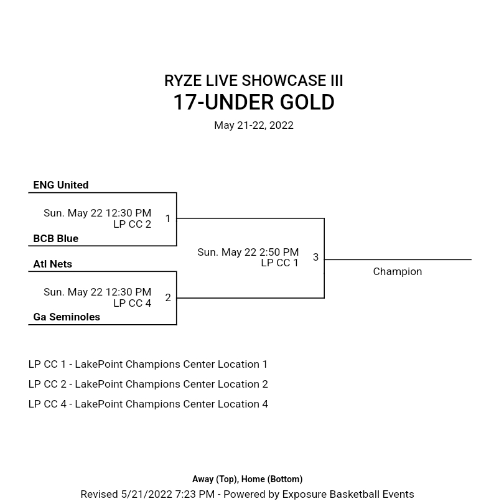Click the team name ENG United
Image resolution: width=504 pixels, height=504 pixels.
coord(60,185)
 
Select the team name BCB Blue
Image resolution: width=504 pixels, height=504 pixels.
coord(55,238)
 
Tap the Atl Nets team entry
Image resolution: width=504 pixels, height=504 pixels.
coord(52,264)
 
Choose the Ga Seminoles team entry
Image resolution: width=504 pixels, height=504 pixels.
coord(66,317)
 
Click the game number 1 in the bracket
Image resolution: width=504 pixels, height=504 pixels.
coord(168,218)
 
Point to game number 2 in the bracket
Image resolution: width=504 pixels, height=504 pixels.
coord(168,297)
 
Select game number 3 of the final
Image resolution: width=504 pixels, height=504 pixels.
coord(315,257)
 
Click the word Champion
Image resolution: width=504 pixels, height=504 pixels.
coord(397,271)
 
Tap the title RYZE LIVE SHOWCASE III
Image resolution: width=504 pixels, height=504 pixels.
coord(253,81)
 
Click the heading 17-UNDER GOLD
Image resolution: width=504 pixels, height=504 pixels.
coord(253,103)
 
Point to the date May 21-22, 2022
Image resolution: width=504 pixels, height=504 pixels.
coord(253,125)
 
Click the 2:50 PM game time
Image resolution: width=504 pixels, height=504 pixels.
coord(248,252)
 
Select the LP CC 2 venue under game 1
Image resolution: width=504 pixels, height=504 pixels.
coord(132,224)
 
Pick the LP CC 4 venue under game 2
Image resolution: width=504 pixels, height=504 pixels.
coord(132,303)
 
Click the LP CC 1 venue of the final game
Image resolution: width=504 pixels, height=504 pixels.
coord(279,263)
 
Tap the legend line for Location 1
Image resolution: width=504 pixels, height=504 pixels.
coord(147,364)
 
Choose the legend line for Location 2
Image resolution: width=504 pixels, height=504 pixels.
coord(147,384)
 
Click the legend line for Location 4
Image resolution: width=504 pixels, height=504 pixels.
coord(147,404)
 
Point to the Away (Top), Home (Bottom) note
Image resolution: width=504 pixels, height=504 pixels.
coord(247,479)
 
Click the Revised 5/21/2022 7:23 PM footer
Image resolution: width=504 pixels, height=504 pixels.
coord(247,494)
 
